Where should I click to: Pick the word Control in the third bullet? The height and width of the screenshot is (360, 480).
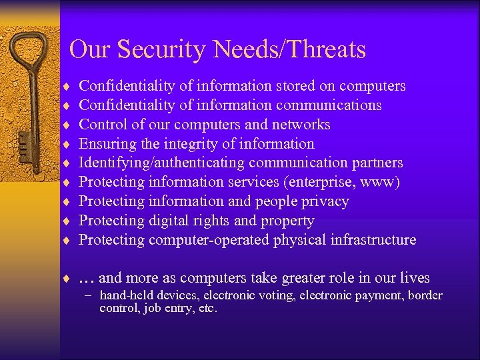pos(101,125)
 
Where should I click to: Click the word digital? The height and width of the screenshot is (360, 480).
pos(173,221)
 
